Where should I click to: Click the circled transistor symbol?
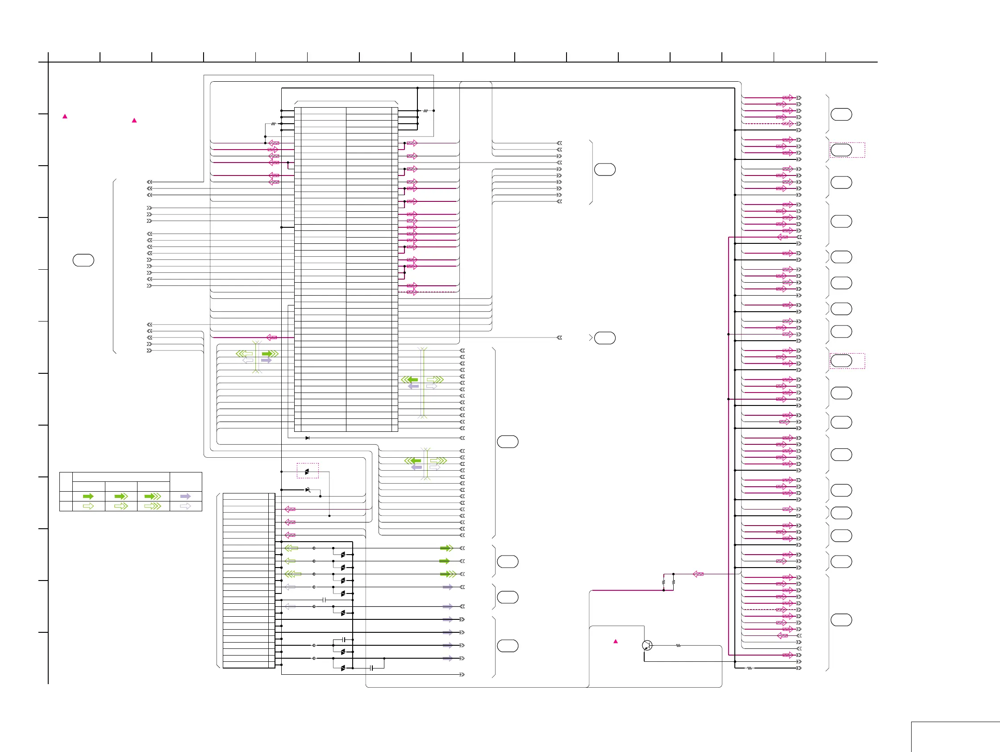point(647,645)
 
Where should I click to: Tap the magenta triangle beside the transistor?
point(615,641)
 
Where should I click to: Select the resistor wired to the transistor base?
point(678,646)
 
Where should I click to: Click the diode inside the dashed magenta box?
point(307,472)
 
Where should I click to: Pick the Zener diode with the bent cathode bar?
point(308,490)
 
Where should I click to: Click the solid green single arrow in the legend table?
point(88,497)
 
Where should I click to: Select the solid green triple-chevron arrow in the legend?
point(152,497)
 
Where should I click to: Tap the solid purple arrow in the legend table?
point(185,497)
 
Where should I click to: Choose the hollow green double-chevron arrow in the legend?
point(121,506)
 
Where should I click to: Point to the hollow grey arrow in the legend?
point(185,506)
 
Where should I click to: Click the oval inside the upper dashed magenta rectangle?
point(842,150)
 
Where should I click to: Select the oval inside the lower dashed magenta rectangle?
point(842,361)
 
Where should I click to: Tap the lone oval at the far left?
point(83,260)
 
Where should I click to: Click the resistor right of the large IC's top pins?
point(425,111)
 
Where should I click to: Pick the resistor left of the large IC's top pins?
point(273,123)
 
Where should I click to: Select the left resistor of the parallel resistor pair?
point(663,582)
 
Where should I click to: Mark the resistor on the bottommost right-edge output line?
point(750,668)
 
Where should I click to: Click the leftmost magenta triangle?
point(65,116)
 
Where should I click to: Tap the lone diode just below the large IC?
point(308,438)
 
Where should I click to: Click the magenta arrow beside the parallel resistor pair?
point(698,574)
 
